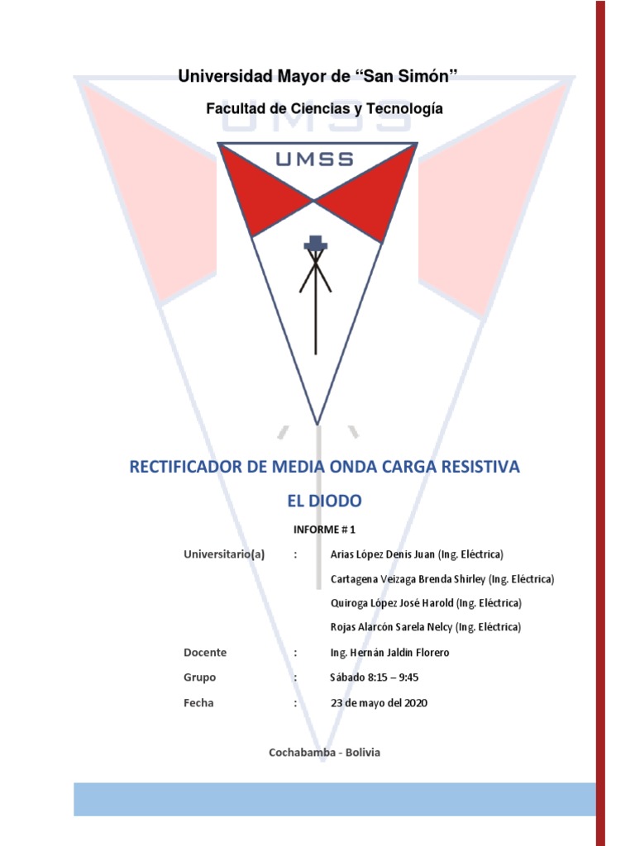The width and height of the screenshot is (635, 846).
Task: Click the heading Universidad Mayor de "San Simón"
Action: pyautogui.click(x=318, y=78)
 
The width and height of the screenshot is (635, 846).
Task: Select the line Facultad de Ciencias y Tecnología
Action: pyautogui.click(x=324, y=108)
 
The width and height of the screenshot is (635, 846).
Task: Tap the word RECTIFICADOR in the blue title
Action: pyautogui.click(x=184, y=467)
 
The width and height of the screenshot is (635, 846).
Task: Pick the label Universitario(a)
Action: pyautogui.click(x=223, y=554)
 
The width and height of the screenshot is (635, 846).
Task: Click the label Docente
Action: pyautogui.click(x=205, y=653)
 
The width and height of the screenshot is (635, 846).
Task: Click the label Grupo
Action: pyautogui.click(x=200, y=677)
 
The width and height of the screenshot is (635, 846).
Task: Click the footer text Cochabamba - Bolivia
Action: pyautogui.click(x=324, y=753)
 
